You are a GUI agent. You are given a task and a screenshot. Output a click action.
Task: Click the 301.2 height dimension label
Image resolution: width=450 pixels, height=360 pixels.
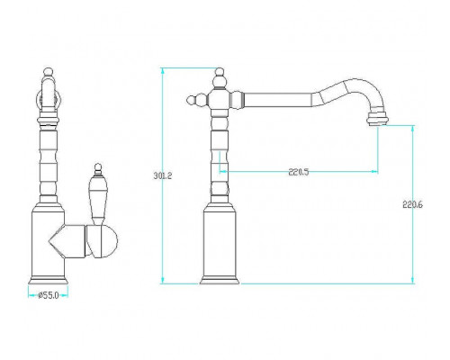point(163,175)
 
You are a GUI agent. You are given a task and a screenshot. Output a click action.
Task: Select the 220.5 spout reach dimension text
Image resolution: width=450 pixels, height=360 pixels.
point(299,172)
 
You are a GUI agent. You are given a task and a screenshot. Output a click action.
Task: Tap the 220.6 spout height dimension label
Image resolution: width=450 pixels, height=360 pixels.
point(412,205)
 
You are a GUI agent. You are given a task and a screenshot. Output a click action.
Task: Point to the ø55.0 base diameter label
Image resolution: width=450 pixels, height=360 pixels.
point(48,295)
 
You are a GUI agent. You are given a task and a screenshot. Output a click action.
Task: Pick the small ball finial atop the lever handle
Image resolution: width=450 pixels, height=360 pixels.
point(98,166)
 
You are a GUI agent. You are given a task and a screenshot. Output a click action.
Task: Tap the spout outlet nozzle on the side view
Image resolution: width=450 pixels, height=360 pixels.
point(377,118)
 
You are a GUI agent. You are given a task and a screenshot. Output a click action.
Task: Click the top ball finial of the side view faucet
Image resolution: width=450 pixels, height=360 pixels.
point(220,72)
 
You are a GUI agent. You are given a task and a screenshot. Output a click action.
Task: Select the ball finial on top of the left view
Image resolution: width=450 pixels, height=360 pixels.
point(49,71)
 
